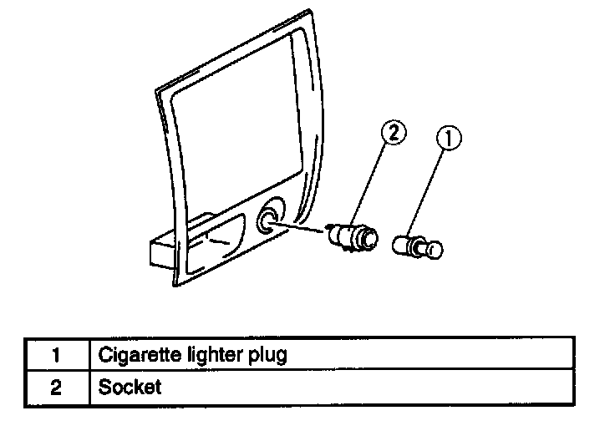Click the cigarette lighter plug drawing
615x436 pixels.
(415, 246)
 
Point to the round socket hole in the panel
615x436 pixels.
(269, 220)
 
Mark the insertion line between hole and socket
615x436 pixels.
(302, 227)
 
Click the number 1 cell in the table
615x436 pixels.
(55, 354)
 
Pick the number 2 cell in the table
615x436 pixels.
(55, 388)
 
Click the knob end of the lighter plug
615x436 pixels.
(433, 248)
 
